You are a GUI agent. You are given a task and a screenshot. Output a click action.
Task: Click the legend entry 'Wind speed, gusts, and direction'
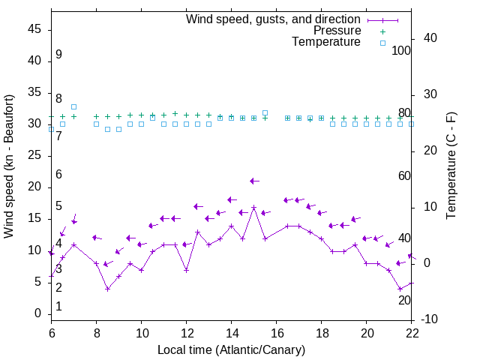click(274, 19)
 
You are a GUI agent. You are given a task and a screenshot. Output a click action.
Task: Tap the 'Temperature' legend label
click(326, 42)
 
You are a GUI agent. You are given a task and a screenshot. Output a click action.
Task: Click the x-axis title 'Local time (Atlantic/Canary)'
click(232, 350)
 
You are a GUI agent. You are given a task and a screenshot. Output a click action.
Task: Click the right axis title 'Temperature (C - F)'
click(451, 166)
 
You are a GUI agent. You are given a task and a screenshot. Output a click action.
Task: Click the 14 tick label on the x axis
click(232, 333)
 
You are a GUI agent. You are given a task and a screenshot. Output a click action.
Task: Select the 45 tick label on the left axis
click(34, 29)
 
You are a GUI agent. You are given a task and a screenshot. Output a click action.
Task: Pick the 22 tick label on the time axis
click(412, 333)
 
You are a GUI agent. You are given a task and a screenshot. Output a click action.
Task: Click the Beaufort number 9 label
click(58, 55)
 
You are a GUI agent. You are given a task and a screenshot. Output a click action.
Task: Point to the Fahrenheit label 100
click(402, 50)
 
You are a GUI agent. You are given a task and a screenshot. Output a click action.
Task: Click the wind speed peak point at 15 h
click(254, 207)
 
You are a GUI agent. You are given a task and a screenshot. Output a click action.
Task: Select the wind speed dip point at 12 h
click(186, 270)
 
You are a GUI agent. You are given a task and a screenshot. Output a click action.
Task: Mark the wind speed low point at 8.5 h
click(108, 289)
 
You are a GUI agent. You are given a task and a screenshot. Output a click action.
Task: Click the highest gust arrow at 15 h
click(254, 181)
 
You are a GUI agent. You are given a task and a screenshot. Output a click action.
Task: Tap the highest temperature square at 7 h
click(73, 106)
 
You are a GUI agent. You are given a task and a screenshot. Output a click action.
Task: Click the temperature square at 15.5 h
click(265, 112)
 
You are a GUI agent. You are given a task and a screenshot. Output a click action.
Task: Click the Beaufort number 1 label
click(58, 307)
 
